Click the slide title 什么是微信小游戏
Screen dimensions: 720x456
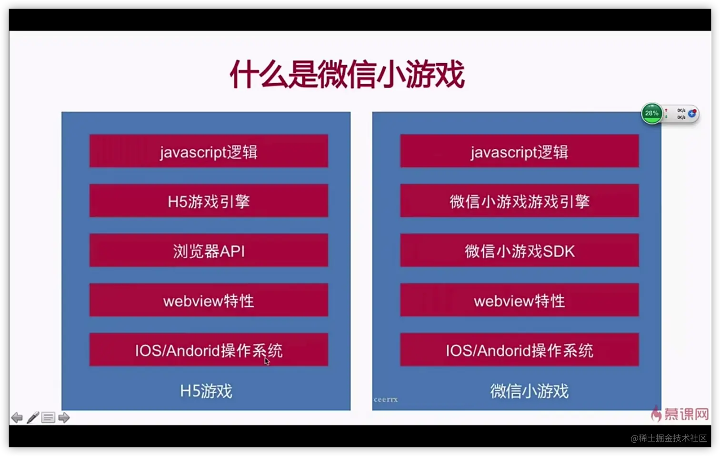tap(347, 74)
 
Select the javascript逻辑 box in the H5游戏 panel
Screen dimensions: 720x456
tap(209, 151)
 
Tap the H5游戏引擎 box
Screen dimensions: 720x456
tap(209, 201)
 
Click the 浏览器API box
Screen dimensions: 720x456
tap(209, 250)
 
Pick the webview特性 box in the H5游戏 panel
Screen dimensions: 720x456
tap(209, 300)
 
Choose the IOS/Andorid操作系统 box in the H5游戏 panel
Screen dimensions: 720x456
tap(209, 349)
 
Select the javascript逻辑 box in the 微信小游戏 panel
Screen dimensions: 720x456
tap(520, 151)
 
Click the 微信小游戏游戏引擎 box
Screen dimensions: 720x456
tap(520, 201)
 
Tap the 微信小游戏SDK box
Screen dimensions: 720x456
tap(520, 250)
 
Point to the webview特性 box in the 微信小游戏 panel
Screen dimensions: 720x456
tap(520, 300)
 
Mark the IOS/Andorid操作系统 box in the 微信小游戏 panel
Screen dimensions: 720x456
tap(520, 349)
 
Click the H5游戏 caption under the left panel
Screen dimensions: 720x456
tap(206, 391)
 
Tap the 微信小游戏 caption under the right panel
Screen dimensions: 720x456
tap(530, 391)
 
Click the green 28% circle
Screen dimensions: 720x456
tap(651, 113)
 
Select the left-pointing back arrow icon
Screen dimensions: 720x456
tap(17, 417)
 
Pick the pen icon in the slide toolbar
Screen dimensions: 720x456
tap(33, 417)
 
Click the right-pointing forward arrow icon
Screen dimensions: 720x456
tap(64, 417)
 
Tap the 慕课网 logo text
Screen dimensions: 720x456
tap(686, 414)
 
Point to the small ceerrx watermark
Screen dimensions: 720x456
tap(386, 399)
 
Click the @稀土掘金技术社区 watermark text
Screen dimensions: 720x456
tap(669, 438)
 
